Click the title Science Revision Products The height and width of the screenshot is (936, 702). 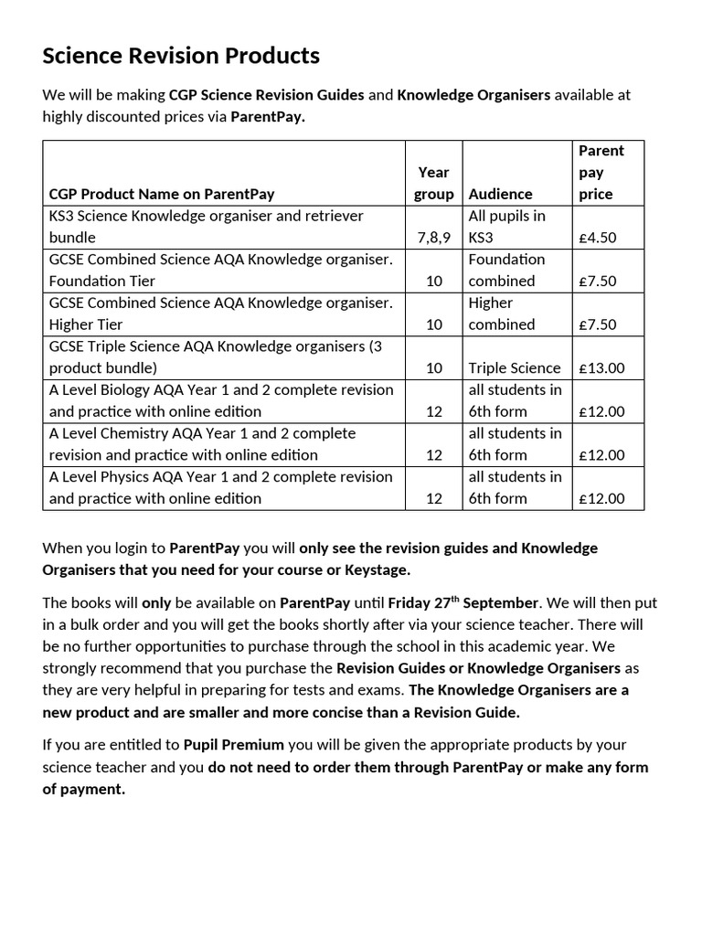click(x=181, y=57)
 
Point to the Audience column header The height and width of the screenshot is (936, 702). click(x=500, y=194)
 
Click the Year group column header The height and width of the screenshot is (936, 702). click(x=433, y=183)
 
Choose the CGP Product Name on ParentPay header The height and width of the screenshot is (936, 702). click(x=162, y=194)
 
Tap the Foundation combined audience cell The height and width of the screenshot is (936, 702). click(x=506, y=271)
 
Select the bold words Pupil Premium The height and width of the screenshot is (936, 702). click(x=233, y=745)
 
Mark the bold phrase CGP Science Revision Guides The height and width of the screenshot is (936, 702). click(x=267, y=95)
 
